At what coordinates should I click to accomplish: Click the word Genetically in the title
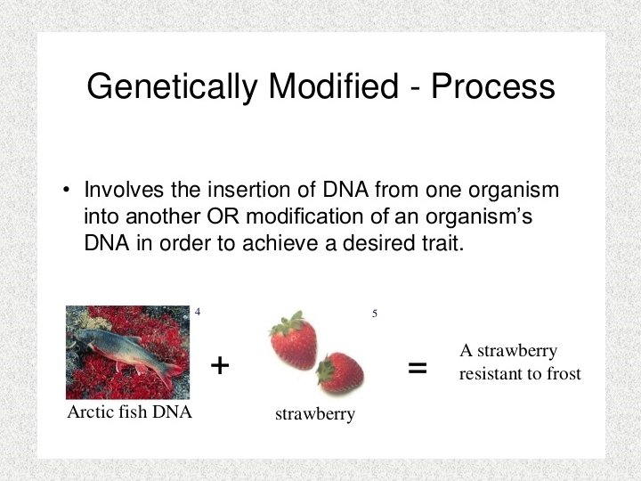(x=173, y=86)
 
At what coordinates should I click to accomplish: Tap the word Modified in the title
(x=333, y=86)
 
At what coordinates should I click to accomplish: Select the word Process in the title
(x=492, y=86)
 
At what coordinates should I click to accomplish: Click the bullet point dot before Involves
(x=66, y=190)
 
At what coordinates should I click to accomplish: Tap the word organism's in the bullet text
(x=479, y=217)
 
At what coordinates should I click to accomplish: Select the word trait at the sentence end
(x=443, y=243)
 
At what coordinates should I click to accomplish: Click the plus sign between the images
(x=220, y=365)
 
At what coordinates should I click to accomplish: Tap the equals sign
(x=418, y=368)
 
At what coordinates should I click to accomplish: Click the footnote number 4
(x=198, y=312)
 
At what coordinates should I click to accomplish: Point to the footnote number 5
(x=375, y=314)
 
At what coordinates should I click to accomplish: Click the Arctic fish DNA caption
(x=130, y=412)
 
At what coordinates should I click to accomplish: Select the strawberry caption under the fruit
(x=315, y=414)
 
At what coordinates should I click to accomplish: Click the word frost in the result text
(x=564, y=373)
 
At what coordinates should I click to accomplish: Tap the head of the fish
(x=82, y=336)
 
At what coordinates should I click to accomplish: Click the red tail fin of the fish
(x=173, y=373)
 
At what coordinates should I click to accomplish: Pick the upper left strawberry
(x=294, y=340)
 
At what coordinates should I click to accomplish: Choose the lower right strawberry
(x=340, y=372)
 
